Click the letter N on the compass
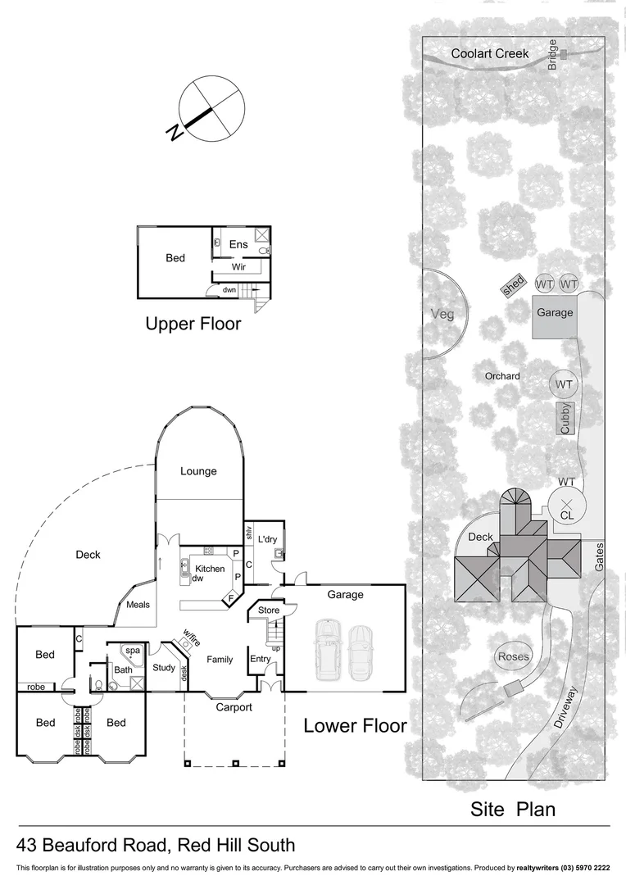tap(175, 132)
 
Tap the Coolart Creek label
tap(490, 53)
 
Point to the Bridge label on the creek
tap(552, 55)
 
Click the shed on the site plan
tap(513, 286)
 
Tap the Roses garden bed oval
tap(513, 656)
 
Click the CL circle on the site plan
tap(567, 506)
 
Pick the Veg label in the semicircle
tap(442, 315)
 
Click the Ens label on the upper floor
tap(238, 244)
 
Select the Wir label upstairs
tap(238, 267)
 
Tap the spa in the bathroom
tap(133, 654)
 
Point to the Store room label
tap(269, 610)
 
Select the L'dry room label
tap(268, 539)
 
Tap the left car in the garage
tap(329, 650)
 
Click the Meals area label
tap(138, 605)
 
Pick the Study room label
tap(164, 668)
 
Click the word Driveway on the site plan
tap(565, 707)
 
